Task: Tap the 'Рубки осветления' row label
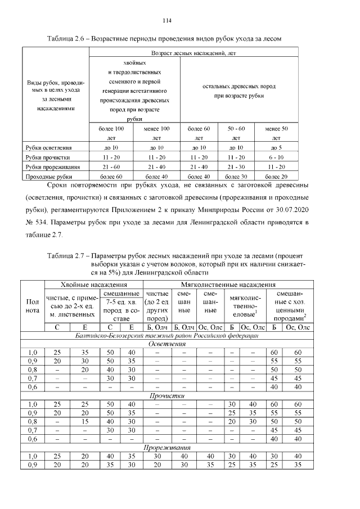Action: (48, 147)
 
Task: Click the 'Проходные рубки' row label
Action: (48, 177)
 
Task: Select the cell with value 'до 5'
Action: (276, 147)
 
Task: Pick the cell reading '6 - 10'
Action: (276, 157)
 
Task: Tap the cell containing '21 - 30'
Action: (236, 167)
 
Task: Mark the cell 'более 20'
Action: (276, 177)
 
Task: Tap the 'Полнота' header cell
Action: (33, 307)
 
